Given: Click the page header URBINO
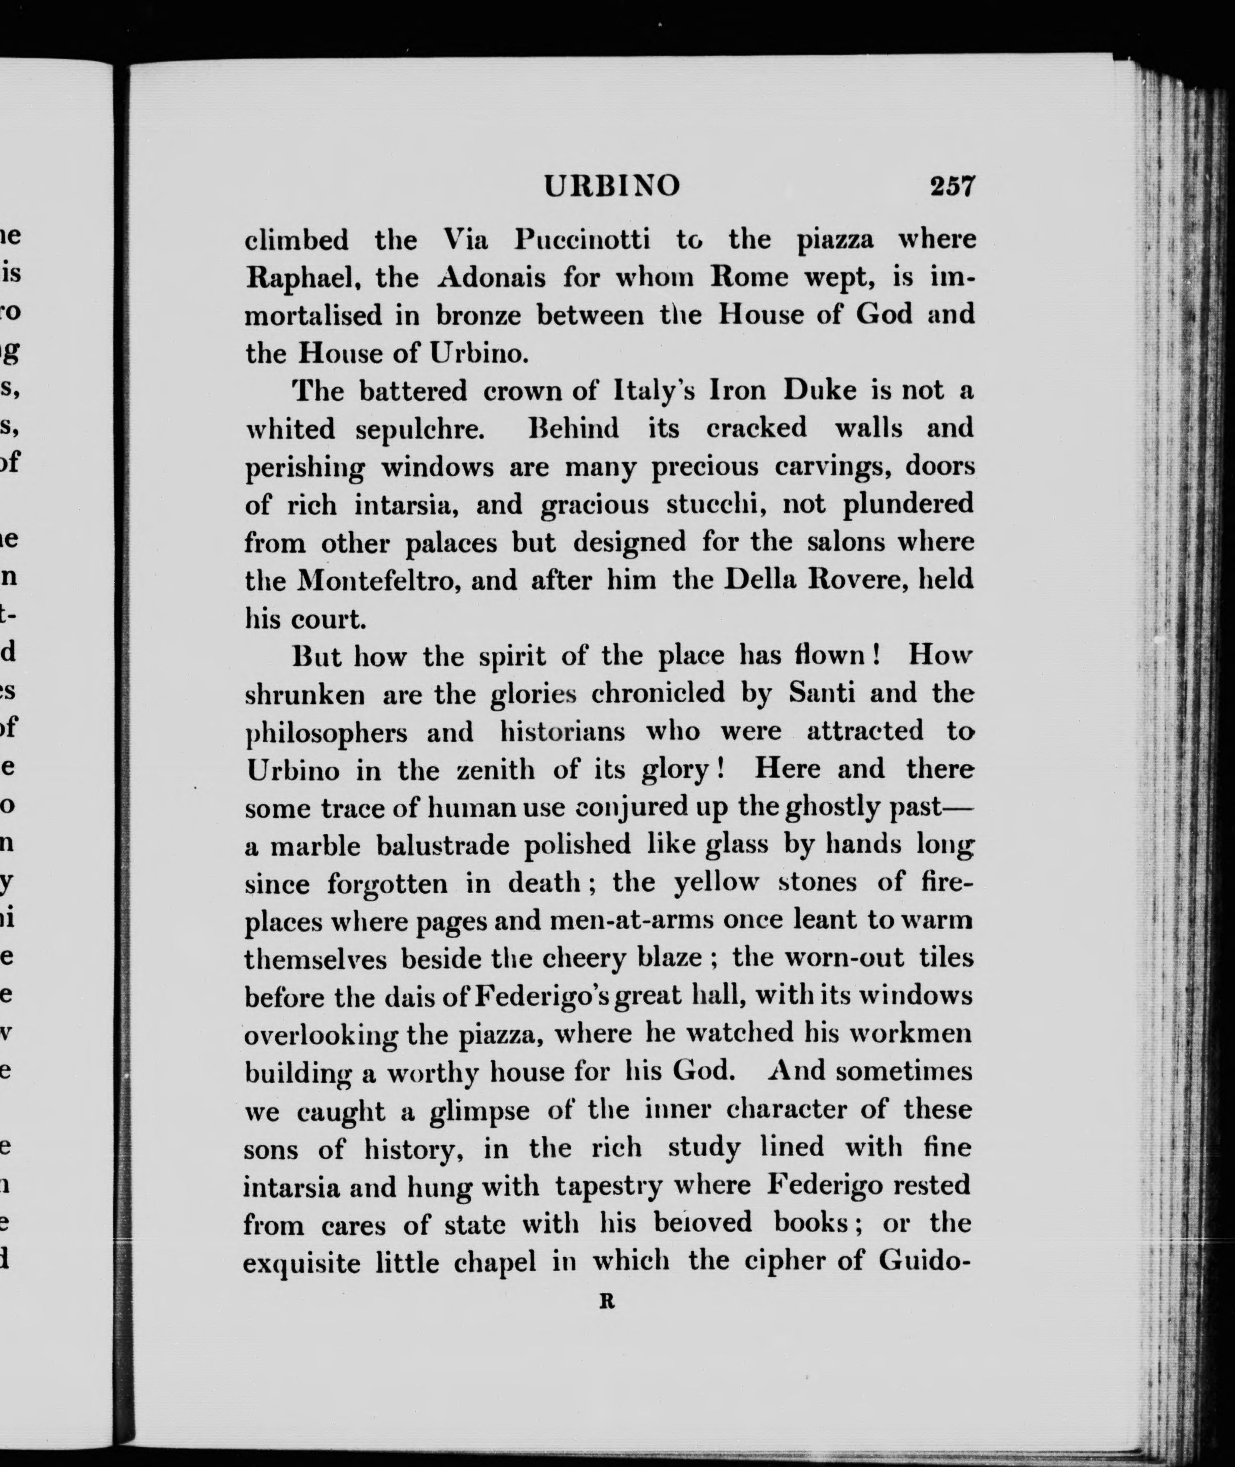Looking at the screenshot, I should point(611,187).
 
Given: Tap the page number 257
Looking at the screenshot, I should point(952,187).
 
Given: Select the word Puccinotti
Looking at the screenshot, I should point(582,240).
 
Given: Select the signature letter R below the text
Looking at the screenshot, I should point(606,1302).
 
